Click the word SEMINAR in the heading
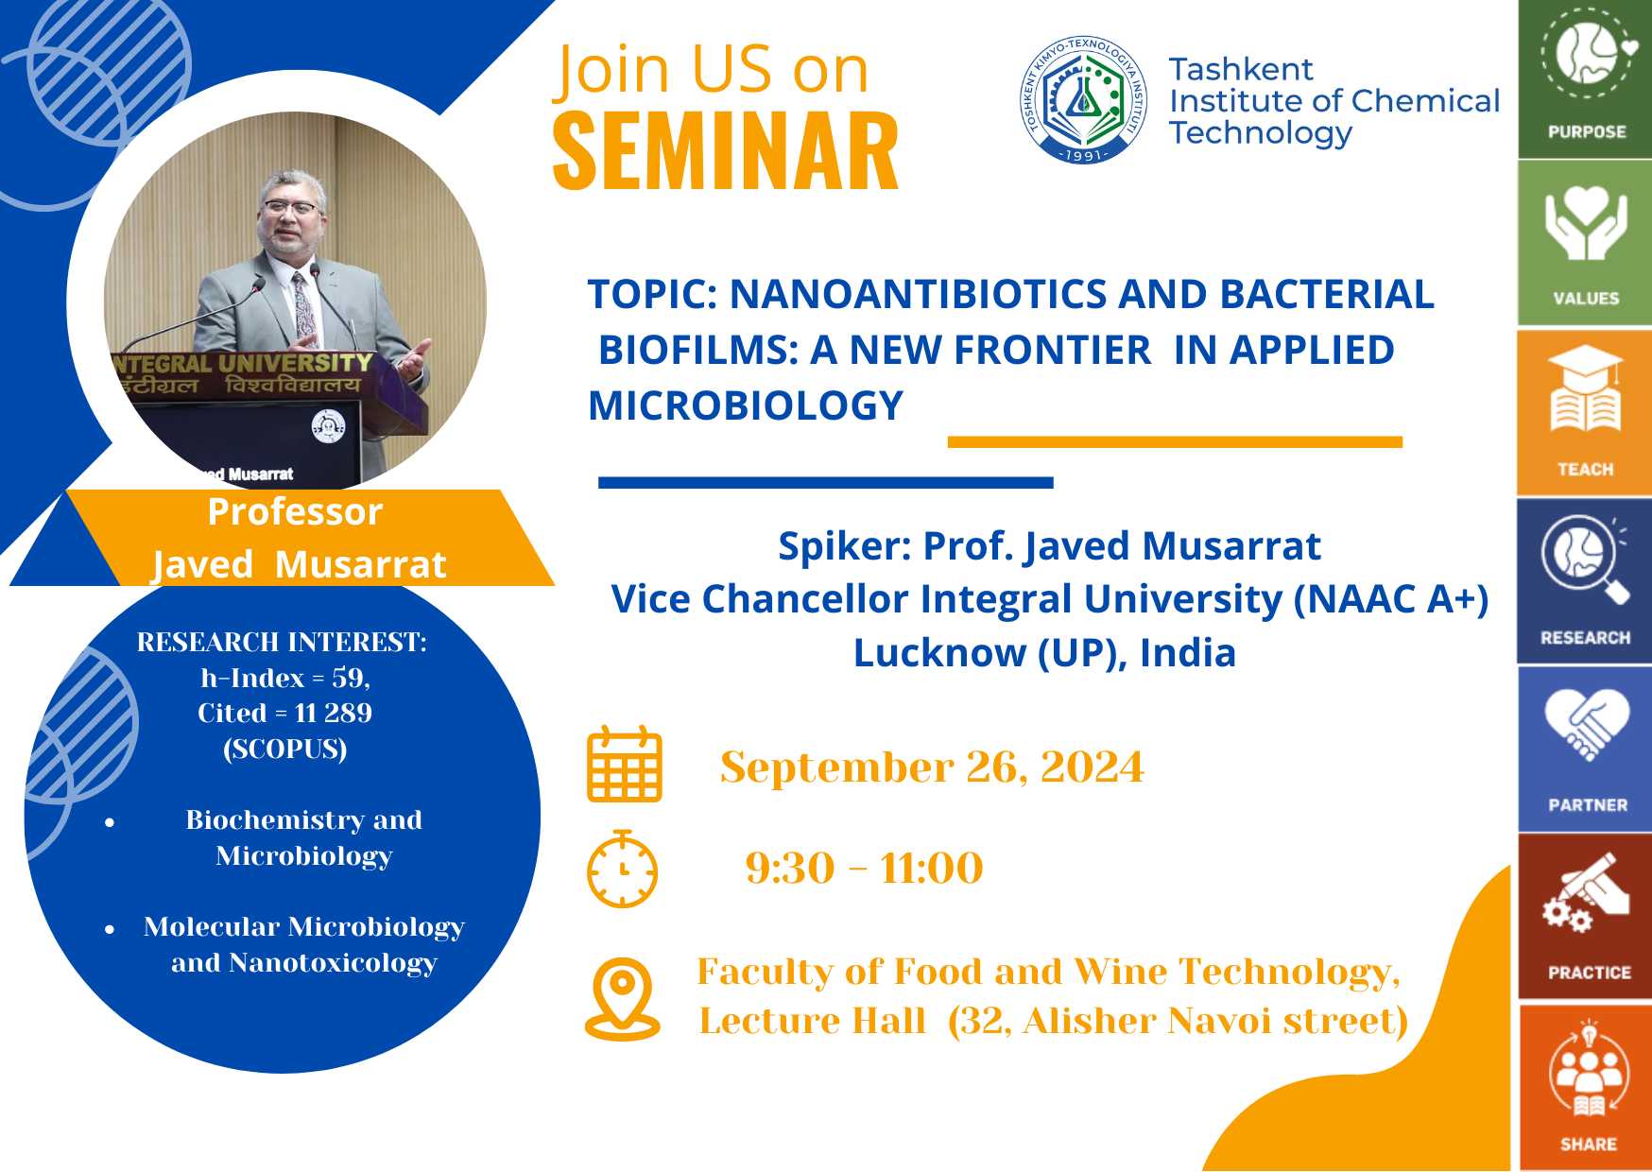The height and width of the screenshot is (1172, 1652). (x=725, y=151)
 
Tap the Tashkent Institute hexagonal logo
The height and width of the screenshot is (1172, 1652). (x=1084, y=99)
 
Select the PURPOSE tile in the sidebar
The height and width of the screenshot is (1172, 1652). (x=1585, y=78)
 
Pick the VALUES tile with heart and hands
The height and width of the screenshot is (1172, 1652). (x=1585, y=243)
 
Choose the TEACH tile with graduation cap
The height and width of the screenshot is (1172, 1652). (x=1585, y=412)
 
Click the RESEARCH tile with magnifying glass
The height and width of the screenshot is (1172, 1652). (x=1585, y=580)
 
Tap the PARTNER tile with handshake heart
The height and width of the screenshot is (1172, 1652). (x=1585, y=749)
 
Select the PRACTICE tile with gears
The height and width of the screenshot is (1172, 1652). (x=1585, y=916)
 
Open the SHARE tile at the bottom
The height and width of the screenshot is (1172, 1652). (x=1585, y=1087)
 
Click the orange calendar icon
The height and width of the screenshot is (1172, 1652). (x=625, y=764)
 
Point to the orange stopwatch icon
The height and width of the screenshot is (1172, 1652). (x=622, y=869)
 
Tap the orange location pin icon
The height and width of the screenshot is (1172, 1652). (x=623, y=999)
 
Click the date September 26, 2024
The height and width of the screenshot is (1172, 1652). (x=932, y=767)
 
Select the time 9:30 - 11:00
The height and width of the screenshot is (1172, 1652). (x=864, y=868)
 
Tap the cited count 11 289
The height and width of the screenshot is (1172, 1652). (x=333, y=713)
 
